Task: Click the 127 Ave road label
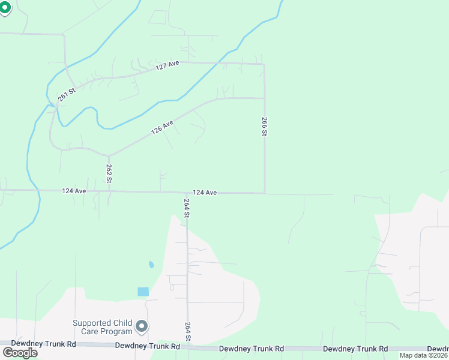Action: tap(167, 66)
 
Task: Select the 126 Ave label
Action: tap(162, 127)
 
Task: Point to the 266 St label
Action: tap(264, 127)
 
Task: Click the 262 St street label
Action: tap(109, 173)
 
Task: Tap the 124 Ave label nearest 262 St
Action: tap(74, 191)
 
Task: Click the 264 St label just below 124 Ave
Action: tap(187, 208)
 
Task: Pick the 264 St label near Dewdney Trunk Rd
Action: tap(187, 332)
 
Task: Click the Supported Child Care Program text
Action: tap(103, 327)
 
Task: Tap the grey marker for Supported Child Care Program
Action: tap(142, 326)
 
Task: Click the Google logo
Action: tap(20, 352)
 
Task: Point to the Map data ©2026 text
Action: tap(423, 355)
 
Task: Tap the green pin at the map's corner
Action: tap(5, 8)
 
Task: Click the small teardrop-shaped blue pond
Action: tap(151, 264)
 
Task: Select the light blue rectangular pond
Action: tap(143, 292)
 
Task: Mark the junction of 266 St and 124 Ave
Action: tap(265, 193)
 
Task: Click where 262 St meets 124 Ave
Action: tap(109, 191)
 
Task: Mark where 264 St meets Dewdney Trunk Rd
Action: tap(187, 347)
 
